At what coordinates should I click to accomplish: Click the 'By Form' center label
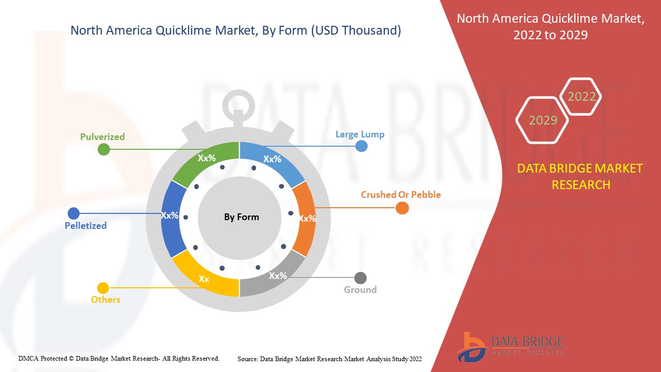pyautogui.click(x=241, y=217)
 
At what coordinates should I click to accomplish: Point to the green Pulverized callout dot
pyautogui.click(x=104, y=149)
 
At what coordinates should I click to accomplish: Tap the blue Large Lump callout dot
pyautogui.click(x=361, y=146)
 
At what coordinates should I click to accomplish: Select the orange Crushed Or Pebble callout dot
pyautogui.click(x=402, y=208)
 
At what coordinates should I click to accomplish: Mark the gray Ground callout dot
pyautogui.click(x=360, y=278)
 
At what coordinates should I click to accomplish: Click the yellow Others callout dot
pyautogui.click(x=103, y=288)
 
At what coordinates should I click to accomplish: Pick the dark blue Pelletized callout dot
pyautogui.click(x=74, y=213)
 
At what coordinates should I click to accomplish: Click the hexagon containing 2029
pyautogui.click(x=542, y=120)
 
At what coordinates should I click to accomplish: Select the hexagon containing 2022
pyautogui.click(x=581, y=97)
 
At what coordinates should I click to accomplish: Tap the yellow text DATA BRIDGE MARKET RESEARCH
pyautogui.click(x=580, y=176)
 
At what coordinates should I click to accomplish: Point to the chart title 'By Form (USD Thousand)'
pyautogui.click(x=235, y=30)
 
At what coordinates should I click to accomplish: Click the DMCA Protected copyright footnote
pyautogui.click(x=119, y=358)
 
